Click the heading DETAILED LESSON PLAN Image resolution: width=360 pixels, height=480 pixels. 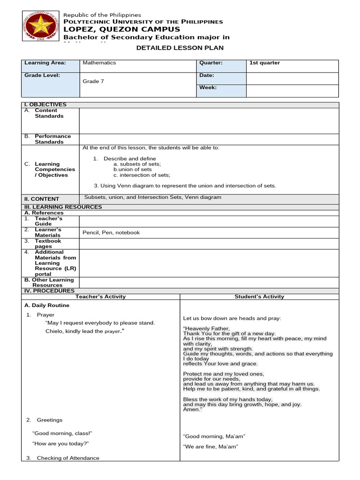[x=180, y=48]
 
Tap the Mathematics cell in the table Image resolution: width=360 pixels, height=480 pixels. [x=99, y=63]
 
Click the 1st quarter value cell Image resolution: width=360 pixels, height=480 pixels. [x=265, y=63]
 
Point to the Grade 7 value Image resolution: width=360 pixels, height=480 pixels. [x=91, y=81]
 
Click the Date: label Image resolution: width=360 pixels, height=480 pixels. [x=207, y=75]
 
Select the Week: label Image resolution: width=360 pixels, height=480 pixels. [x=208, y=87]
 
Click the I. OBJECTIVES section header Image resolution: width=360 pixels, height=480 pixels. [x=45, y=105]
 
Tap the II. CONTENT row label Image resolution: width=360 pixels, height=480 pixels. [x=42, y=199]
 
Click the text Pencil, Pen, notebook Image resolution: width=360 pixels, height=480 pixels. [x=111, y=232]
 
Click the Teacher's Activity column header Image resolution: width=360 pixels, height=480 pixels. [x=100, y=296]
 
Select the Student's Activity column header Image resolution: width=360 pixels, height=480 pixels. [x=259, y=296]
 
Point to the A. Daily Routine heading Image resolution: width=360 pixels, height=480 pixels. [x=46, y=305]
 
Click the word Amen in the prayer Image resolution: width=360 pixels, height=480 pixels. [x=191, y=409]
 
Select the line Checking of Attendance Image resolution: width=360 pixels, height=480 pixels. [x=68, y=458]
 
